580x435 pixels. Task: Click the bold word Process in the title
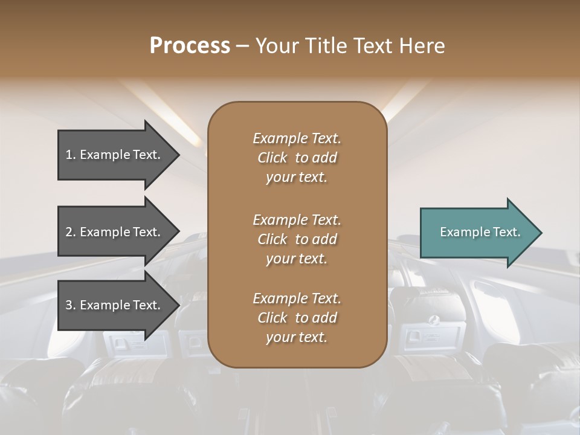point(190,46)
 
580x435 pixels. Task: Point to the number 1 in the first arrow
point(69,155)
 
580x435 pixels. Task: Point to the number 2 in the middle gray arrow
point(69,232)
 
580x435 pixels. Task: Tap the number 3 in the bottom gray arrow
point(69,306)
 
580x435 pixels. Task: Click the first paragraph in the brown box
point(297,158)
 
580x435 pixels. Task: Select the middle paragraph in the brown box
point(297,239)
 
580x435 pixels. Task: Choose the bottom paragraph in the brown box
point(297,318)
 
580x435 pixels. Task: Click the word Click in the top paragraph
point(272,158)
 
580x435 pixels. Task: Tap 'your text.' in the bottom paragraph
point(297,337)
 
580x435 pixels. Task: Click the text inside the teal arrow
point(480,232)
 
